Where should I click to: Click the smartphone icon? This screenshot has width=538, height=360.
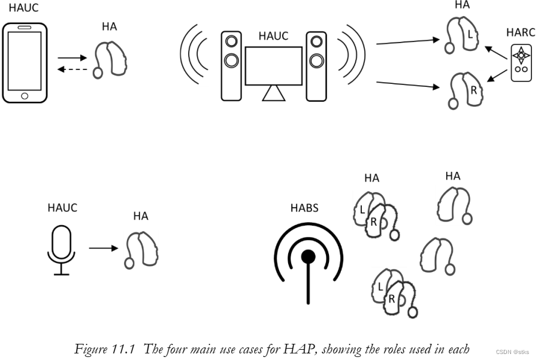coord(25,63)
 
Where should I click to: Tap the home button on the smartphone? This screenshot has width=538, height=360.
coord(25,96)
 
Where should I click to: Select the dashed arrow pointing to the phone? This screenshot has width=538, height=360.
coord(72,69)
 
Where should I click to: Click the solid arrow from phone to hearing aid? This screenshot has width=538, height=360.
coord(72,58)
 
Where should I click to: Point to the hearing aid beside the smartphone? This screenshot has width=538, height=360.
coord(111,56)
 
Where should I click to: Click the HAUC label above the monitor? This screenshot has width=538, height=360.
coord(273,36)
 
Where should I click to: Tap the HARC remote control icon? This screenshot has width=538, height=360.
coord(521,62)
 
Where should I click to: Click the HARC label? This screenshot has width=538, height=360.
coord(519,32)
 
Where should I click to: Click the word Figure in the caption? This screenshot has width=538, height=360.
coord(90,349)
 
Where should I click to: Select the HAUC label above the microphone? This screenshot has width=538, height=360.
coord(62,208)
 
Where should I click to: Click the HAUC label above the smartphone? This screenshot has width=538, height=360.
coord(23,8)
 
